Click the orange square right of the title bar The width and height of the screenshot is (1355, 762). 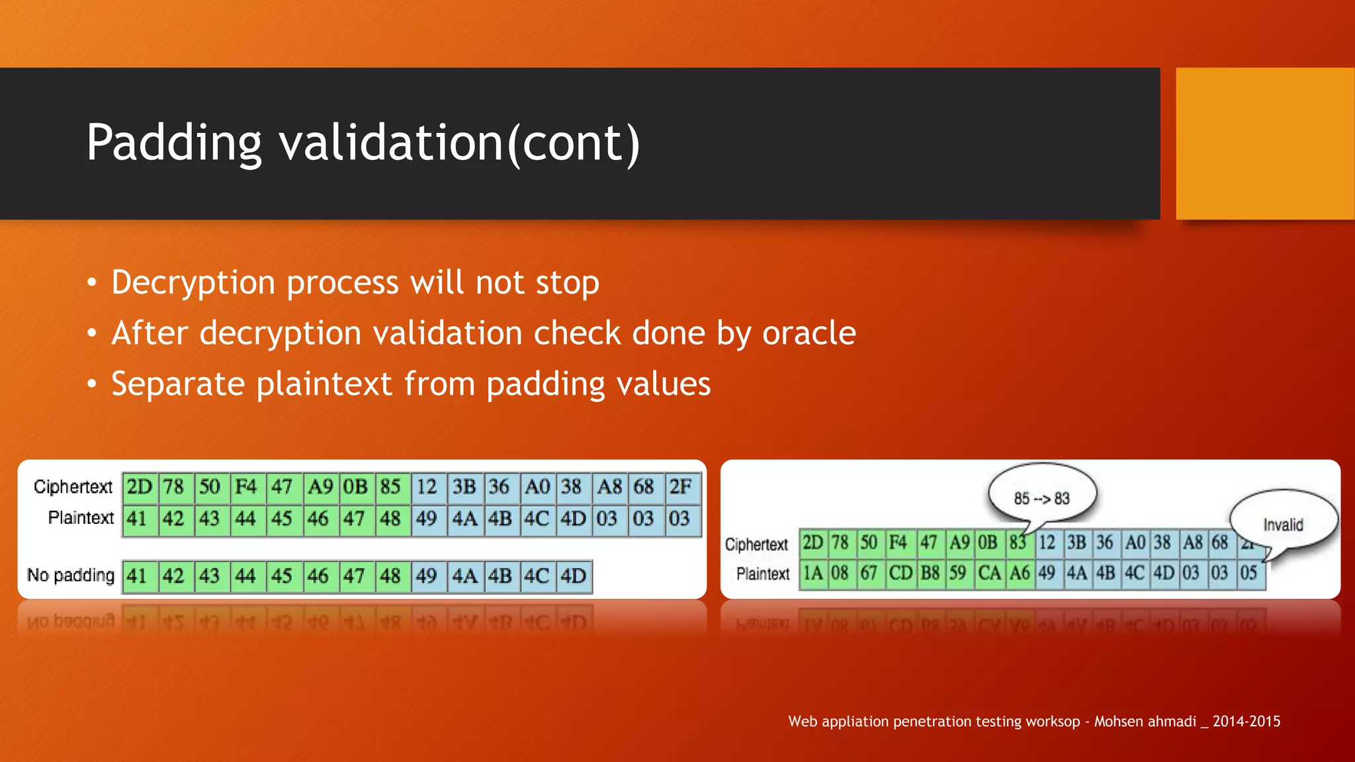coord(1264,143)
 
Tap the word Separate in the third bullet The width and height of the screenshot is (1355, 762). coord(177,384)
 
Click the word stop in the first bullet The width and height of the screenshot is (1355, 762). coord(567,283)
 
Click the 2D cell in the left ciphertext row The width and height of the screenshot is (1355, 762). coord(140,487)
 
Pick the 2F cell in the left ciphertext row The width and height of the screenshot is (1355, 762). coord(681,487)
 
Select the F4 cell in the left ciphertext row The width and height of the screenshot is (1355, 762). coord(245,487)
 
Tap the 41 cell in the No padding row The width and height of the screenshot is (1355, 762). coord(137,576)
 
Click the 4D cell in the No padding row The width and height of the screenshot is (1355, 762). coord(573,576)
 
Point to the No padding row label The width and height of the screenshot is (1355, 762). coord(71,575)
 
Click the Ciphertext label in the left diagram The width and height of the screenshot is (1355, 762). coord(73,487)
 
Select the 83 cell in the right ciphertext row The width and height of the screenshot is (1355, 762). coord(1018,543)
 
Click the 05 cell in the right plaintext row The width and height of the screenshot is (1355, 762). coord(1248,573)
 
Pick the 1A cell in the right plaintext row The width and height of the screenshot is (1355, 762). coord(812,573)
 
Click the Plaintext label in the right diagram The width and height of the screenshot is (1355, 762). coord(762,573)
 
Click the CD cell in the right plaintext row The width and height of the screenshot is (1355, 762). coord(900,573)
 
